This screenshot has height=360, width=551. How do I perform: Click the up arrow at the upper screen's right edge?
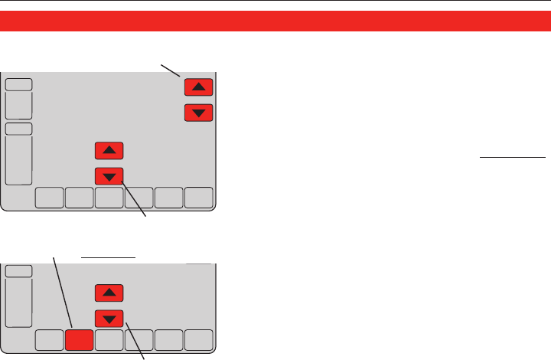199,88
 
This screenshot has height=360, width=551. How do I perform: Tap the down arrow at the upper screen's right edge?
199,113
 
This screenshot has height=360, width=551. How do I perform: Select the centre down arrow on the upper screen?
109,176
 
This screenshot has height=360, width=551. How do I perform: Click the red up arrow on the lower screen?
109,292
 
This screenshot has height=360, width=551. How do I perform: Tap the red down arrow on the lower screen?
109,318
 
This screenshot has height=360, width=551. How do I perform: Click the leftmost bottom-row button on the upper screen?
49,198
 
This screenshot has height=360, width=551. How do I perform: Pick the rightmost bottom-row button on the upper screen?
198,198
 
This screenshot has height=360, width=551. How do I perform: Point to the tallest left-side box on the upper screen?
18,161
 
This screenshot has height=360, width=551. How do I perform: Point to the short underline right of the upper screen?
512,155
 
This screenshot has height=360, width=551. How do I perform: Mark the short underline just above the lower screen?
109,257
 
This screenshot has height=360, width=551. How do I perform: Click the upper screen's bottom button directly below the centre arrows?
109,198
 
